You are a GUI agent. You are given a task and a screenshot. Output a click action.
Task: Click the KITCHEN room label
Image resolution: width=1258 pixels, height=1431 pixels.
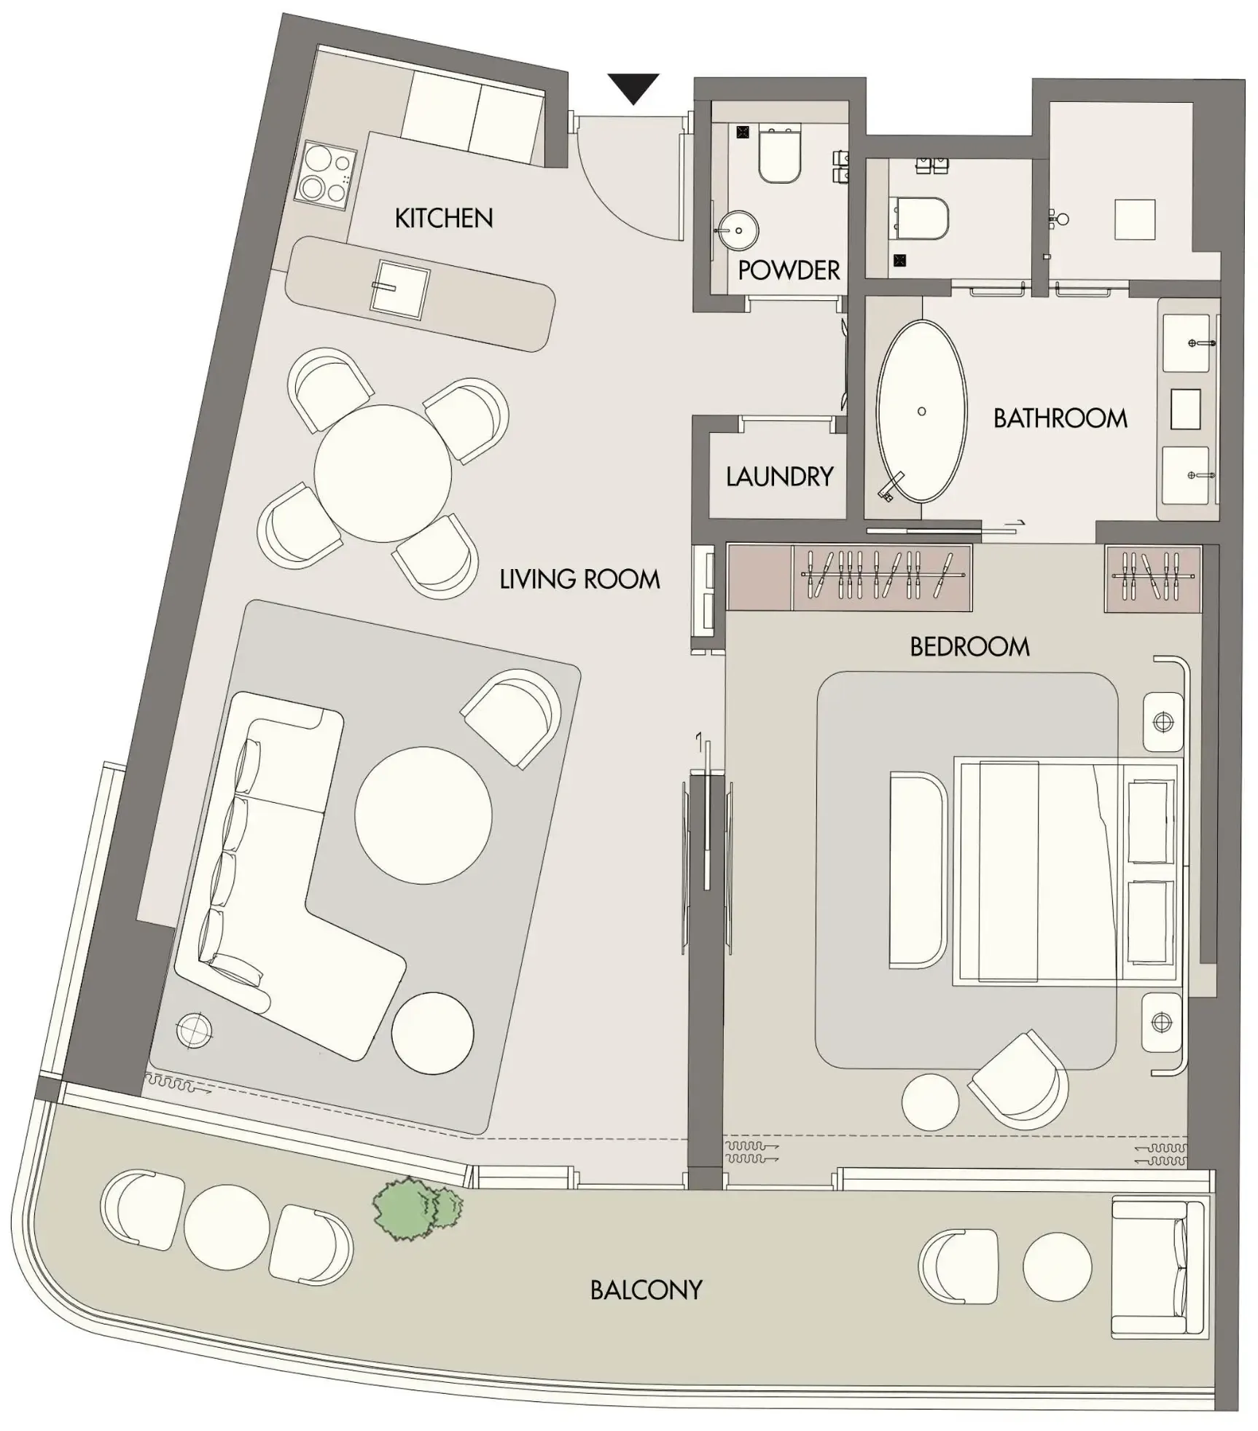click(443, 218)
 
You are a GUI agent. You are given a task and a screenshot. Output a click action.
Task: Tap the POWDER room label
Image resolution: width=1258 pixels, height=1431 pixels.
click(789, 270)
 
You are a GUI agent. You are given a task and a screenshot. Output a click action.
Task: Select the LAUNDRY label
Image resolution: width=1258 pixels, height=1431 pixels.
click(779, 477)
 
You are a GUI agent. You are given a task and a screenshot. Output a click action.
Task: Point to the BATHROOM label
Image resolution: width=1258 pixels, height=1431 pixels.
click(1060, 418)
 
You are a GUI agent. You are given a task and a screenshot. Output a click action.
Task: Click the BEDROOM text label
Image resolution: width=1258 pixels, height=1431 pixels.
click(969, 646)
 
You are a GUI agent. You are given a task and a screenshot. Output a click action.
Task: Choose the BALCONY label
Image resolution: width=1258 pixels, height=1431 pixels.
click(646, 1290)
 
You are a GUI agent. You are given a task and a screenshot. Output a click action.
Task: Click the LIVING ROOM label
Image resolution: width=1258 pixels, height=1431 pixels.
click(579, 579)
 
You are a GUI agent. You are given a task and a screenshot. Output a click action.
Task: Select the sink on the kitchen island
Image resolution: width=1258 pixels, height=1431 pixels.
click(399, 289)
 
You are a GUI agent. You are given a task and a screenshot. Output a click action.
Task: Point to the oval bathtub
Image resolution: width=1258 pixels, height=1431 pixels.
click(921, 411)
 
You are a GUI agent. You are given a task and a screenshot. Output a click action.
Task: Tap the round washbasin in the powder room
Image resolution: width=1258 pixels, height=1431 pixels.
click(738, 231)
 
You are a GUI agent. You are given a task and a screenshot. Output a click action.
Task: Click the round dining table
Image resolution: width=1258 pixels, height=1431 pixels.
click(383, 474)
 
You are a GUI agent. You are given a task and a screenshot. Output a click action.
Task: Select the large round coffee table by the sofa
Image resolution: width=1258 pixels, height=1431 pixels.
click(423, 815)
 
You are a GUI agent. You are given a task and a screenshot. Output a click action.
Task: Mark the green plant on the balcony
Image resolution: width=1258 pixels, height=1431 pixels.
click(415, 1208)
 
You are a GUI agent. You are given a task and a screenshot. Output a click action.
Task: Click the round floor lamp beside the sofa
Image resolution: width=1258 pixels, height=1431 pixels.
click(195, 1030)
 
